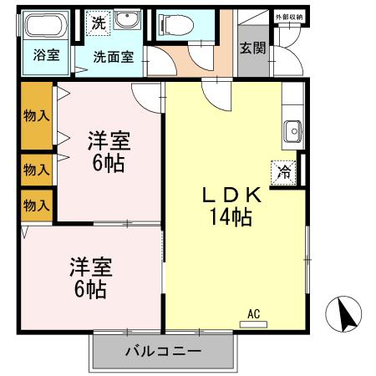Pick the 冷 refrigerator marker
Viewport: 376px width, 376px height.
pos(285,173)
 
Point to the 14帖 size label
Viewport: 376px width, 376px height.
pos(231,218)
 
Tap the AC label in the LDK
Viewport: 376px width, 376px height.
pos(254,314)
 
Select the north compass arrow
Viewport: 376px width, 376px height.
pos(347,315)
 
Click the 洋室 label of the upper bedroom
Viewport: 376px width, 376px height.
pos(109,140)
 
